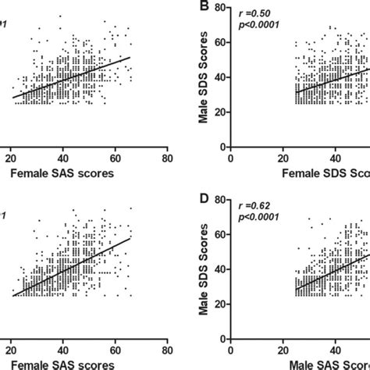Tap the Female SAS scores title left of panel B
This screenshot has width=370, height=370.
point(70,173)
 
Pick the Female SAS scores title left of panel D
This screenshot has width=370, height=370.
point(70,365)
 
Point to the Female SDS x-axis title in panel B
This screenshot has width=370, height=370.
point(320,173)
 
